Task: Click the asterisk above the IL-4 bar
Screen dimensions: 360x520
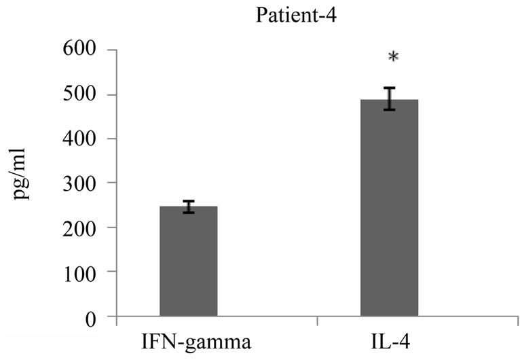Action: [392, 59]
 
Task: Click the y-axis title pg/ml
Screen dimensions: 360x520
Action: [20, 183]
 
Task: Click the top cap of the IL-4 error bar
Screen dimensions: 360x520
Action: [389, 88]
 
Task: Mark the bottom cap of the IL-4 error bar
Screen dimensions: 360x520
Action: [389, 109]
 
